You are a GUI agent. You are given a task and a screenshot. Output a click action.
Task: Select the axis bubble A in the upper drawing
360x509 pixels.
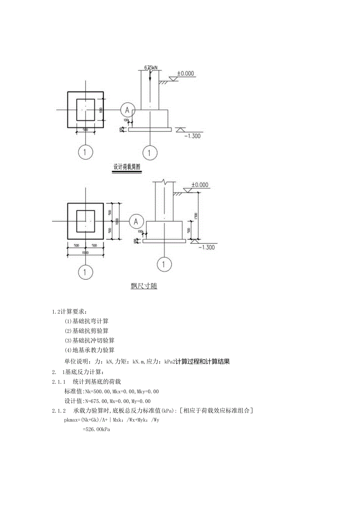(x=127, y=110)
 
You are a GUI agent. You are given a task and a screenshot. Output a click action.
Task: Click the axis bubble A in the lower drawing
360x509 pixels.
(x=136, y=222)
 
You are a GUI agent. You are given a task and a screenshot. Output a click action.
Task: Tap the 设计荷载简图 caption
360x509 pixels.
(x=127, y=167)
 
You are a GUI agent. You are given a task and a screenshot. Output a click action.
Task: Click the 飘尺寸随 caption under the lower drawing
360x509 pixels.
(x=144, y=286)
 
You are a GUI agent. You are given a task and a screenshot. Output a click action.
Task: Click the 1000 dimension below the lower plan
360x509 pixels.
(x=85, y=253)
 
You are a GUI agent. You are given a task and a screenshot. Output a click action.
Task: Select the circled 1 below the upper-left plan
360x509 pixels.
(x=85, y=152)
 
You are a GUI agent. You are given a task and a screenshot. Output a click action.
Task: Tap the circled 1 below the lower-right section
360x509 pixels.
(x=164, y=264)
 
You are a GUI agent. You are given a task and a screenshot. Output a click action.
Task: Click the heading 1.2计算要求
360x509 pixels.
(x=68, y=311)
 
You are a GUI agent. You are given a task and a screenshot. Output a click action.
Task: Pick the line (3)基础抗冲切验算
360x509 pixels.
(x=90, y=340)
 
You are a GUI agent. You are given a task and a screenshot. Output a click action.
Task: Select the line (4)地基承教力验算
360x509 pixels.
(x=90, y=350)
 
